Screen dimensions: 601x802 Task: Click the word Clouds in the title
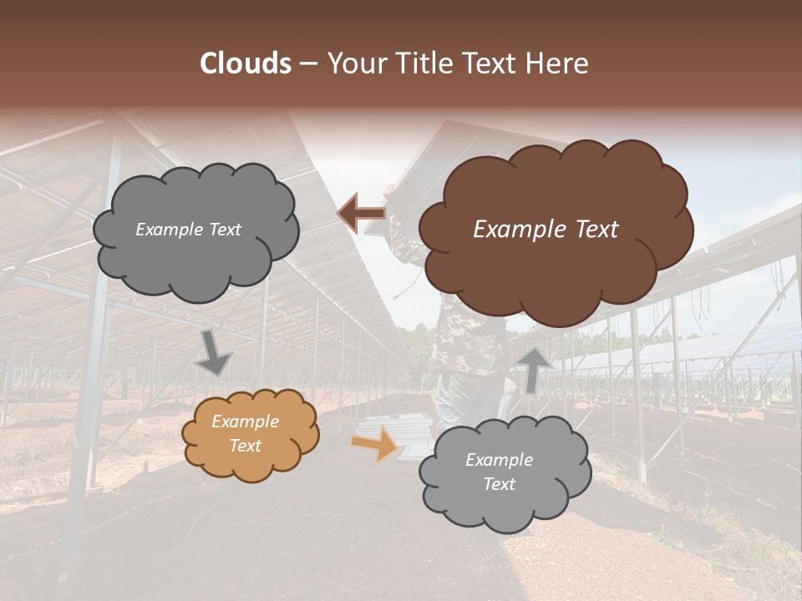[x=246, y=63]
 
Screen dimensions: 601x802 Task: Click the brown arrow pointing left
[x=362, y=214]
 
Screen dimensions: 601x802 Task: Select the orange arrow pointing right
[x=377, y=442]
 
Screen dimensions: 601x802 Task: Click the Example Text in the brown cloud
[x=546, y=230]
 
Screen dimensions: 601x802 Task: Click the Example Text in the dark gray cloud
[x=188, y=230]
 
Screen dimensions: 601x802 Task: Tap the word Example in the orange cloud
[x=245, y=422]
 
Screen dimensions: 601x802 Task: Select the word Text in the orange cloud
[x=245, y=446]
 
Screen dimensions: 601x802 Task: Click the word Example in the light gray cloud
[x=499, y=460]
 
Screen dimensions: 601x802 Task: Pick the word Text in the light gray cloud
[x=499, y=484]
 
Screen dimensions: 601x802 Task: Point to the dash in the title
[x=307, y=64]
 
